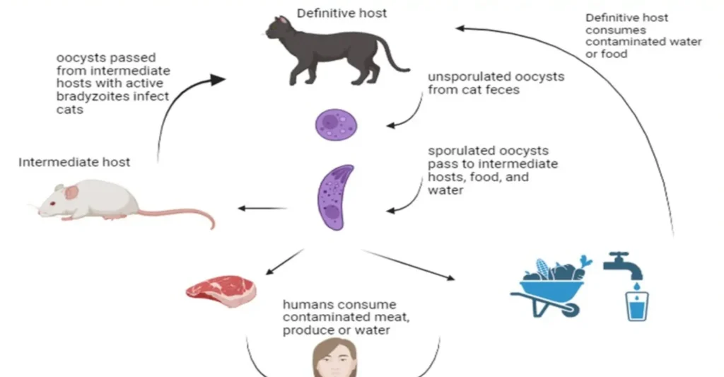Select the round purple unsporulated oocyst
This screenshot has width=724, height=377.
pos(336,124)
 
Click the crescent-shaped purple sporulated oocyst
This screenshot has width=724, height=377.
pos(334,197)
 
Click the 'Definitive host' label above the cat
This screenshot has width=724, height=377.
pos(341,13)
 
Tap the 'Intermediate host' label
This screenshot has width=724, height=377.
pos(74,162)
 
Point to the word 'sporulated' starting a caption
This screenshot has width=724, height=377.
pos(460,151)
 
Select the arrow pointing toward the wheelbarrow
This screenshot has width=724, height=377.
pos(410,263)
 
